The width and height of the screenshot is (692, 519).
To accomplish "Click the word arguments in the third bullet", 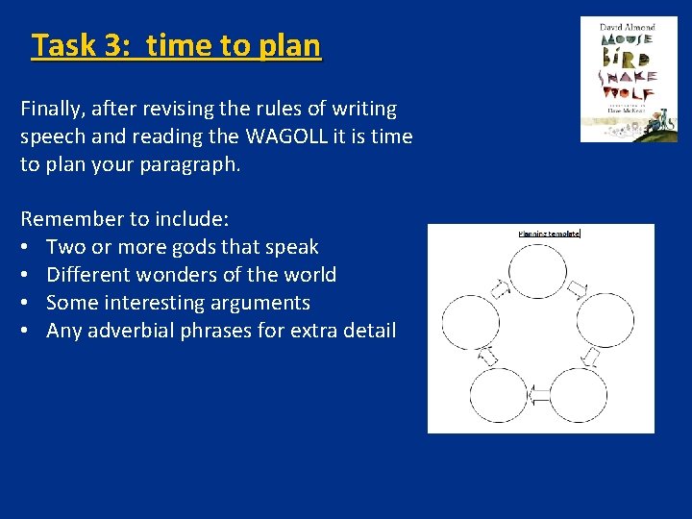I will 265,303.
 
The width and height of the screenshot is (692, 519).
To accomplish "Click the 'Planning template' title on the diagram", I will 549,234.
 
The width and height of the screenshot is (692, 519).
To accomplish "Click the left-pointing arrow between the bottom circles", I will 538,394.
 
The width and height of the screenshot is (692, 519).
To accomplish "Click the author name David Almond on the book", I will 627,27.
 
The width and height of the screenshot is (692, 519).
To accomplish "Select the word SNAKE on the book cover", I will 628,76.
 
